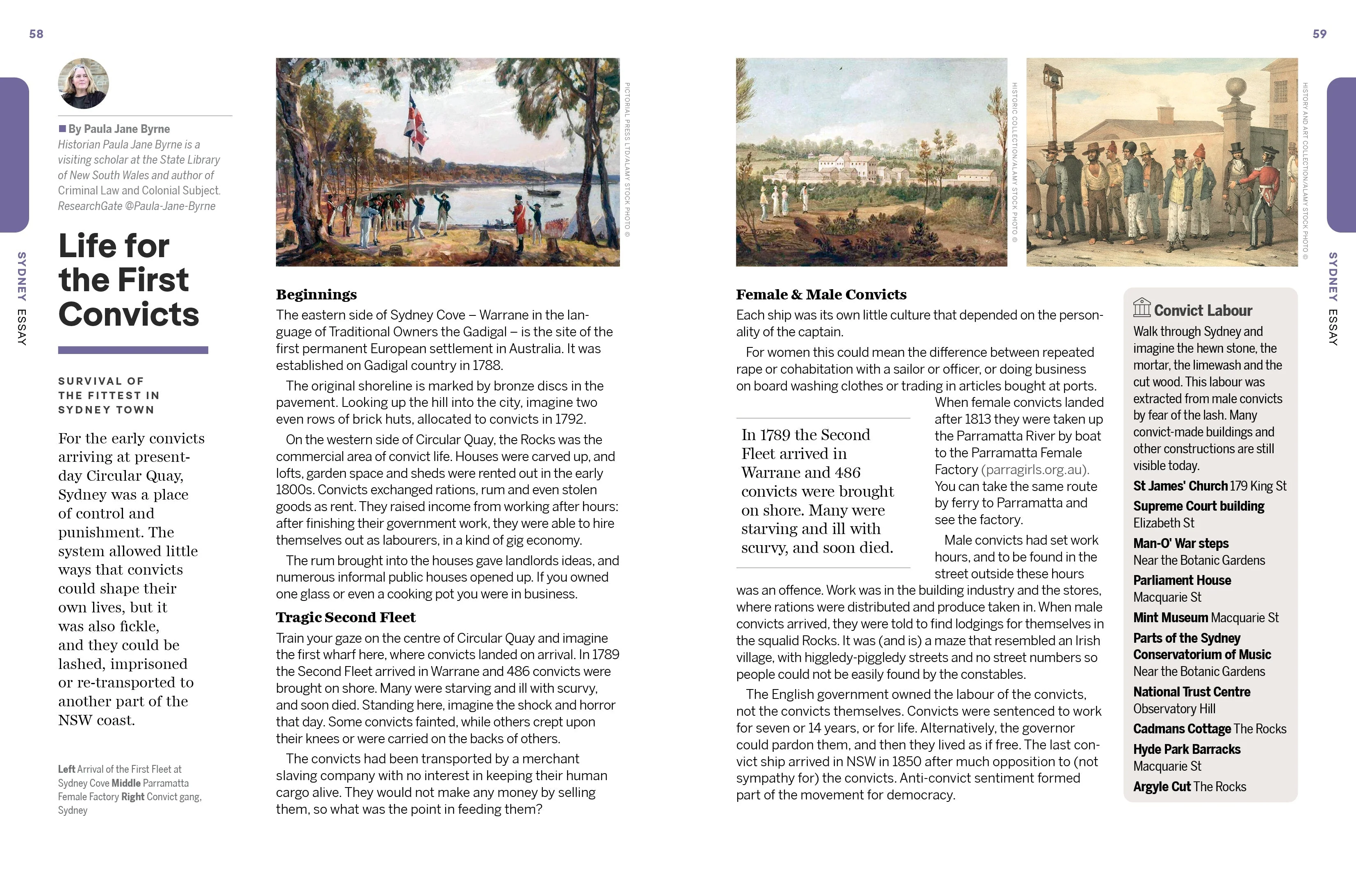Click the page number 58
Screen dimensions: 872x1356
(x=36, y=34)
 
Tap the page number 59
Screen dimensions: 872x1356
(x=1319, y=34)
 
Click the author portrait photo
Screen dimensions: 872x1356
(x=83, y=83)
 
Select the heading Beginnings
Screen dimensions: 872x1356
(x=317, y=294)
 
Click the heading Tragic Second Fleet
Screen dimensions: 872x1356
(x=345, y=617)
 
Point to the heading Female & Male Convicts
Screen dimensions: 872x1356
(x=820, y=294)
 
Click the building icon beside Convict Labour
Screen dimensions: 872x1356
(x=1142, y=308)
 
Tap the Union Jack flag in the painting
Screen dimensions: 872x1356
(x=416, y=122)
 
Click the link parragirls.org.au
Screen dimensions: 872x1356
(x=1035, y=469)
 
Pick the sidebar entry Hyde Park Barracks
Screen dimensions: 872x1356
(x=1186, y=749)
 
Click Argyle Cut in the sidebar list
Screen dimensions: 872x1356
(x=1161, y=787)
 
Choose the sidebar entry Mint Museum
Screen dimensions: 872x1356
(x=1169, y=618)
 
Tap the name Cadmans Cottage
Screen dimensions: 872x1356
(x=1182, y=729)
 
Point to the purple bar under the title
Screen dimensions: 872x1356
(x=133, y=350)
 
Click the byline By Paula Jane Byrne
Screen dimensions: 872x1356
(x=119, y=129)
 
